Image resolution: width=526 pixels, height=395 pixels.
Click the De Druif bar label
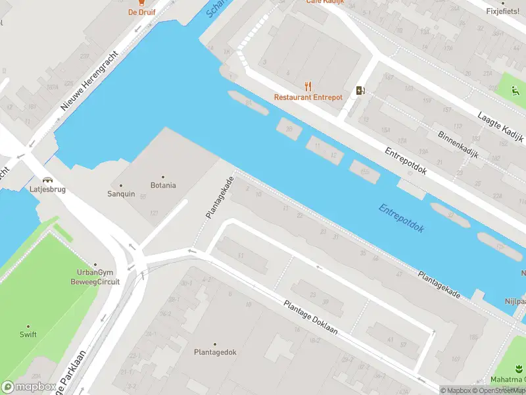pyautogui.click(x=141, y=12)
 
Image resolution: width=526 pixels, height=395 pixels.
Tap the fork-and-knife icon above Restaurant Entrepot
pyautogui.click(x=308, y=86)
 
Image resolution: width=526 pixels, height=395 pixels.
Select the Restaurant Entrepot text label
pyautogui.click(x=308, y=97)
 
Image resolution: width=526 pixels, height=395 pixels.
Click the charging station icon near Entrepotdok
pyautogui.click(x=360, y=90)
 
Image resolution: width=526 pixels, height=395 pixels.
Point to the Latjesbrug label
pyautogui.click(x=47, y=190)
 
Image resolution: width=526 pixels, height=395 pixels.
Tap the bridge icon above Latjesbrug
pyautogui.click(x=47, y=179)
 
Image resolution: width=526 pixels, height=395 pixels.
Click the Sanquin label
pyautogui.click(x=121, y=194)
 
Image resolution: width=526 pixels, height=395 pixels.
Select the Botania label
pyautogui.click(x=163, y=185)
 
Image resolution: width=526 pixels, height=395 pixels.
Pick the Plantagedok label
pyautogui.click(x=214, y=352)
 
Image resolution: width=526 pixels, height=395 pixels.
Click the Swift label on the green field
pyautogui.click(x=28, y=334)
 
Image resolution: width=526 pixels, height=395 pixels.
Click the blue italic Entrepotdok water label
pyautogui.click(x=402, y=219)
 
